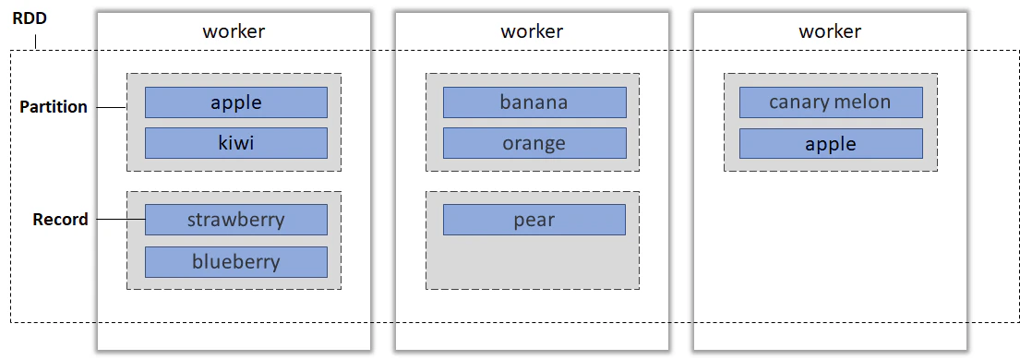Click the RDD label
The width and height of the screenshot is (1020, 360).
(x=30, y=18)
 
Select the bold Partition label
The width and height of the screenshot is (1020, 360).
(x=54, y=107)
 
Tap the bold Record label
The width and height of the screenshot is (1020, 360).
(x=61, y=220)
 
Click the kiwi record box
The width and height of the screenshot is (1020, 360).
(x=236, y=143)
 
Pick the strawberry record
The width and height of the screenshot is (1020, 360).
(x=236, y=220)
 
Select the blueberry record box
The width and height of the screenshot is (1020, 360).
(x=236, y=262)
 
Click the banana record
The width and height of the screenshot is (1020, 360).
(x=534, y=102)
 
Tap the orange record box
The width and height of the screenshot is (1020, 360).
(x=534, y=143)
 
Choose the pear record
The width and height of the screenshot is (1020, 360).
(x=534, y=220)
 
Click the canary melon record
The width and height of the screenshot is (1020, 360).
(x=831, y=102)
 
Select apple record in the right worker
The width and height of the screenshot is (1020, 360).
(x=831, y=144)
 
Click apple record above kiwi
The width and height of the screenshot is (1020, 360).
(x=236, y=102)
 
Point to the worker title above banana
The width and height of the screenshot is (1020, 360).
(x=532, y=31)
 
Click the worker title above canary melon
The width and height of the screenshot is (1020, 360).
(x=830, y=31)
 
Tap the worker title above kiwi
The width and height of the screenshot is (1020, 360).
(x=234, y=31)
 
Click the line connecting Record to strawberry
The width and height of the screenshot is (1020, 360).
(x=121, y=220)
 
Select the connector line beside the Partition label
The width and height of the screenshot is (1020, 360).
(x=112, y=107)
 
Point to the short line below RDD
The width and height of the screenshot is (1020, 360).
(x=36, y=41)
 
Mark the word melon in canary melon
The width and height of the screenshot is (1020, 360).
(x=862, y=102)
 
